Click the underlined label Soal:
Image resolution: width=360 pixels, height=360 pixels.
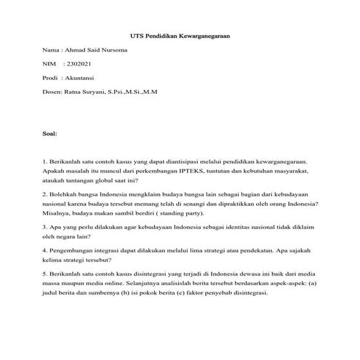[x=52, y=134]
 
